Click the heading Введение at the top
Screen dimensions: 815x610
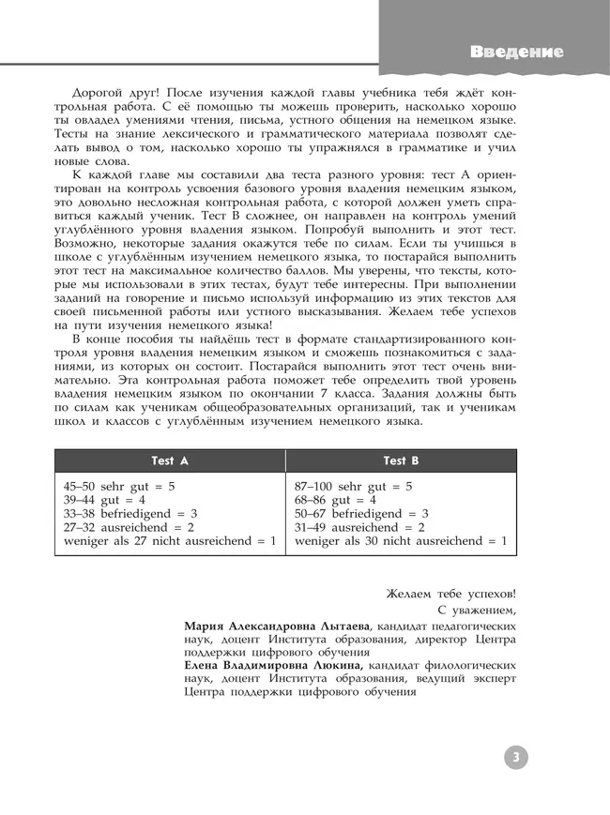(x=517, y=52)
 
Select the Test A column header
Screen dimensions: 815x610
(x=170, y=460)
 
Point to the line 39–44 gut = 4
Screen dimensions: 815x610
(x=105, y=501)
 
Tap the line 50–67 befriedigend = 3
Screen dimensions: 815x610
(x=361, y=514)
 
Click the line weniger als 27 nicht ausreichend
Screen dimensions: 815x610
(x=170, y=541)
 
